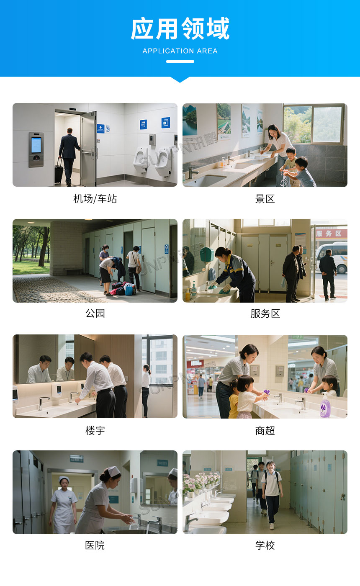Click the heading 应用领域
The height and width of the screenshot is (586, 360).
[180, 29]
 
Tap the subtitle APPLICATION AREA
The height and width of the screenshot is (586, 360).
[180, 51]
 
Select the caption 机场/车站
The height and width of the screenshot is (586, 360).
[95, 198]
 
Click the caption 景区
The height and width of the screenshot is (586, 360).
[265, 198]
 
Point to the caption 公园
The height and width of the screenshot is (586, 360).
[95, 313]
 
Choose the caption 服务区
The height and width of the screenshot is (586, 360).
[265, 313]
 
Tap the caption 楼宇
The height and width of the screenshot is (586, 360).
[95, 430]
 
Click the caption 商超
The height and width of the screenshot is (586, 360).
[265, 430]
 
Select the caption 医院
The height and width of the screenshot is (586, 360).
[95, 545]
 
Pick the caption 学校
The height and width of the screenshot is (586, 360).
[265, 545]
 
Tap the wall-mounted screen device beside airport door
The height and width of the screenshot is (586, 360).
[36, 149]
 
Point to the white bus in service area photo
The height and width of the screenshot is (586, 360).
[332, 256]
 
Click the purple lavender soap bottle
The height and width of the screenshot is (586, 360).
[325, 406]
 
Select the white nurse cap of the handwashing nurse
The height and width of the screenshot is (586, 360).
[112, 471]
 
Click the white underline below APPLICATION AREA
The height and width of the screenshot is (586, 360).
[180, 62]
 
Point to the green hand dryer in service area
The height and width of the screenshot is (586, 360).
[207, 254]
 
